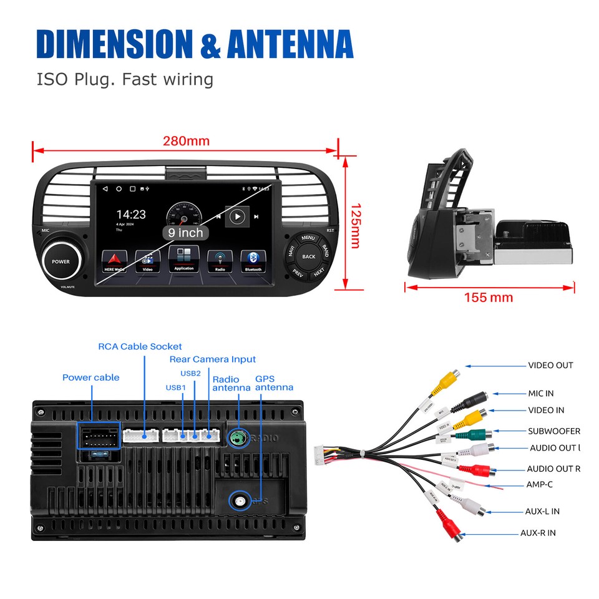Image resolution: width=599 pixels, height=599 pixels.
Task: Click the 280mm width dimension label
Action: [x=186, y=141]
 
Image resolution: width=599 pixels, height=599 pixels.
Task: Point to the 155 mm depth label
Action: [x=488, y=298]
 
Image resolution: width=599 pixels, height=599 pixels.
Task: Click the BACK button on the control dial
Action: [x=309, y=256]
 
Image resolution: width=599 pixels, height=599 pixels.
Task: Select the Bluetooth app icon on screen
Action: [x=253, y=260]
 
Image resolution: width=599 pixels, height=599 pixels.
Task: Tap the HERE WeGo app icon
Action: [x=114, y=261]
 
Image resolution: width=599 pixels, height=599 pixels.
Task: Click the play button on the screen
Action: [x=236, y=217]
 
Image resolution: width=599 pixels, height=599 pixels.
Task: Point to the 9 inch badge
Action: [x=185, y=233]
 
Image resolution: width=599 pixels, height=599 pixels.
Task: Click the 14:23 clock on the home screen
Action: [x=131, y=215]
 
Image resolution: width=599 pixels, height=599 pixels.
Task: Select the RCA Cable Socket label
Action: [x=140, y=346]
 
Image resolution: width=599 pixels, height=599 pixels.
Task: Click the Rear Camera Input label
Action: [x=212, y=359]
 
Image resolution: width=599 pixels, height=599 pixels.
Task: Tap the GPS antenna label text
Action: [x=273, y=383]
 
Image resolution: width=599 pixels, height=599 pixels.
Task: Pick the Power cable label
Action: [x=90, y=377]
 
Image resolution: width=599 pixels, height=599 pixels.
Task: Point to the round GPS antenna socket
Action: [x=239, y=500]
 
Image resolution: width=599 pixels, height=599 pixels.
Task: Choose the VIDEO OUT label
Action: [x=550, y=366]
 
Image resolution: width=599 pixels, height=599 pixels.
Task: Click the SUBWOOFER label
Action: [x=553, y=431]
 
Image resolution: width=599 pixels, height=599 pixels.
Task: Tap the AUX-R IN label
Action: [x=538, y=533]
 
